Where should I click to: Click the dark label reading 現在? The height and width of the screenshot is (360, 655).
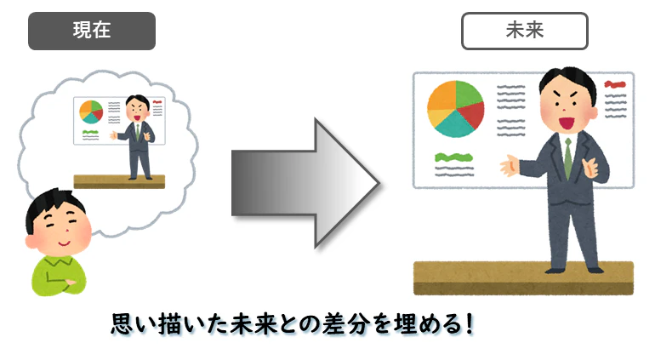click(x=92, y=31)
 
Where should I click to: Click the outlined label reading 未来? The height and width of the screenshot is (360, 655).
click(x=525, y=31)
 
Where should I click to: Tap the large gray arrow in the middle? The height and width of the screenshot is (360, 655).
click(x=305, y=183)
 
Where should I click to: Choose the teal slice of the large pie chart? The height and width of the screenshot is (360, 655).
click(x=453, y=124)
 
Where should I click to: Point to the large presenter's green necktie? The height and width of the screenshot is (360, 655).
click(x=567, y=159)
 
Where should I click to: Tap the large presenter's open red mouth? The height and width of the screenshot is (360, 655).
click(x=567, y=123)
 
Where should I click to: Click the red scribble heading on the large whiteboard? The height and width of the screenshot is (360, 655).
click(x=615, y=84)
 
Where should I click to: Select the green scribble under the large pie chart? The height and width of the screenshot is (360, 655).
click(x=453, y=157)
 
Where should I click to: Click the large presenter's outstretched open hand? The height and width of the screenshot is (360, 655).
click(x=510, y=165)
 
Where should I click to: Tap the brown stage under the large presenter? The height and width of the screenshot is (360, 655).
click(x=523, y=278)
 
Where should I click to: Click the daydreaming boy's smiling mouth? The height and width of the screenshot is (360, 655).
click(x=64, y=243)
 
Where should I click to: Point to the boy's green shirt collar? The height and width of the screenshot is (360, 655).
click(x=58, y=261)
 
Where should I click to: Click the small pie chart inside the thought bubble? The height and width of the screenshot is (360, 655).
click(x=91, y=111)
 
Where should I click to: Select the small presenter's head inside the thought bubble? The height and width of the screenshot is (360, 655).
click(x=138, y=108)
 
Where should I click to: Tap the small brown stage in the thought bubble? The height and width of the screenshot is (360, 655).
click(x=119, y=181)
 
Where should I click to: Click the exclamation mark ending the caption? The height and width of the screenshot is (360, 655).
click(x=470, y=324)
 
